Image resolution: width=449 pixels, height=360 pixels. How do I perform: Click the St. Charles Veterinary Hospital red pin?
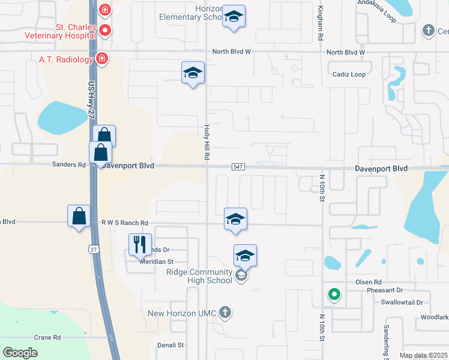pyautogui.click(x=105, y=30)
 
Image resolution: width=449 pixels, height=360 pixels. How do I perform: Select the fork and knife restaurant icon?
pyautogui.click(x=140, y=244)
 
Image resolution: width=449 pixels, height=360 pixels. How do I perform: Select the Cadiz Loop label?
pyautogui.click(x=349, y=74)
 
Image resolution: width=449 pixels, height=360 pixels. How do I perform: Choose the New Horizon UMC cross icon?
pyautogui.click(x=224, y=312)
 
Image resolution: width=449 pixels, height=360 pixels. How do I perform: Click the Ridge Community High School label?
pyautogui.click(x=199, y=276)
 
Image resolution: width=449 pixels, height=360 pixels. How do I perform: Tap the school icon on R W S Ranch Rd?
pyautogui.click(x=236, y=218)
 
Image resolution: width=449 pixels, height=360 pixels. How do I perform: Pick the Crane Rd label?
pyautogui.click(x=47, y=337)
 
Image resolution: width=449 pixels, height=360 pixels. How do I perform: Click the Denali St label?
pyautogui.click(x=170, y=345)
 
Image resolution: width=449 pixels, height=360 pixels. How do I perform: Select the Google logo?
pyautogui.click(x=20, y=353)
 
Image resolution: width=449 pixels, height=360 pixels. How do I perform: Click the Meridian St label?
pyautogui.click(x=157, y=262)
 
